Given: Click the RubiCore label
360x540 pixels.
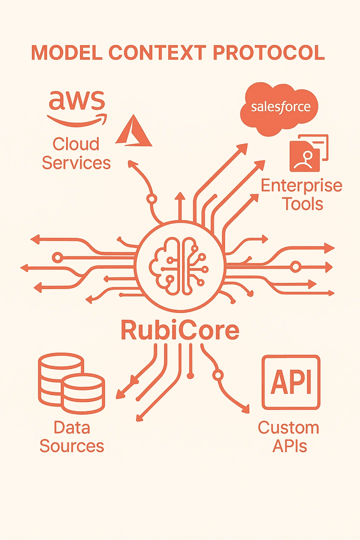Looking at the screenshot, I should pos(180,330).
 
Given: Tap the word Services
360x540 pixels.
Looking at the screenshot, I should pos(76,163).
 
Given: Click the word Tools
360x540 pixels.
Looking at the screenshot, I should pos(303,203).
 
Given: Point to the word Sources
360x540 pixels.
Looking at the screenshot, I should pos(72,446).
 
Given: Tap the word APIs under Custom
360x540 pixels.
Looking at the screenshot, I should pos(290,446).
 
